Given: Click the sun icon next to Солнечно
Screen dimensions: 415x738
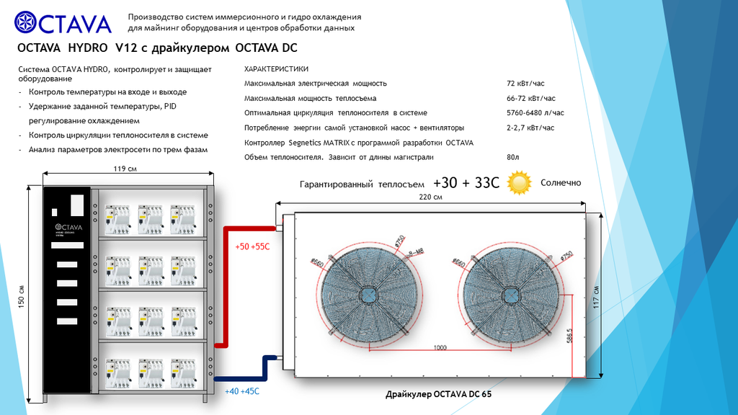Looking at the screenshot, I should (519, 183).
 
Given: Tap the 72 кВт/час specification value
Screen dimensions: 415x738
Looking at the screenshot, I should (525, 84).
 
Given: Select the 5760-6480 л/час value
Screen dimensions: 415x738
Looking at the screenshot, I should (535, 113).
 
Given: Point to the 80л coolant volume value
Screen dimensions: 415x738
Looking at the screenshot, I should (513, 157).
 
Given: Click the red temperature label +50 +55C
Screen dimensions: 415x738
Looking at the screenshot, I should (252, 246).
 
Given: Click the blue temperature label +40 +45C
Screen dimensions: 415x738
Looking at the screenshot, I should (242, 391).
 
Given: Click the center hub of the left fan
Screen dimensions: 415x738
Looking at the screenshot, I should (368, 294).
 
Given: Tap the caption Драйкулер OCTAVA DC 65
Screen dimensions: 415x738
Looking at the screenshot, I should (439, 395).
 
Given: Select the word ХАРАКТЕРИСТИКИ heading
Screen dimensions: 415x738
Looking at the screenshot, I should (277, 69).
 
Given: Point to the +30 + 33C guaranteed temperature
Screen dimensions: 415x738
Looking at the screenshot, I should (466, 183).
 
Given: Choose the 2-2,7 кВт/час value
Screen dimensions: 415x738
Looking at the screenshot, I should (530, 128).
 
